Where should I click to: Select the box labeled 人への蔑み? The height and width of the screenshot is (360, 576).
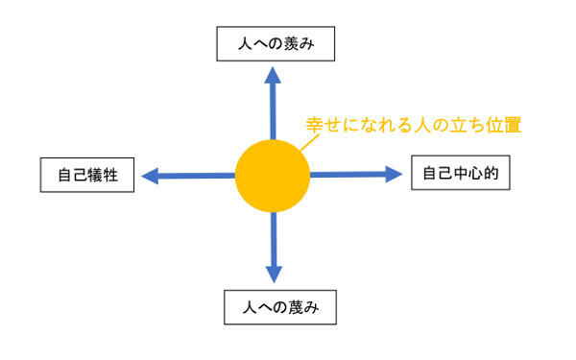tap(275, 309)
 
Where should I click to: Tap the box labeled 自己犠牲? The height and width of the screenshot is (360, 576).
tap(86, 176)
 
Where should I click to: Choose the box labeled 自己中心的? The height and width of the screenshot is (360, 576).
tap(461, 174)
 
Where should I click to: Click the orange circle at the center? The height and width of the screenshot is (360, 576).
tap(273, 176)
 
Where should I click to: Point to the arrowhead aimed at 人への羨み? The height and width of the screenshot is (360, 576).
tap(273, 76)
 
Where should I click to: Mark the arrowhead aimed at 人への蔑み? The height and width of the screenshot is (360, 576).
tap(274, 273)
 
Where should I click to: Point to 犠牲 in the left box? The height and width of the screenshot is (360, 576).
tap(102, 176)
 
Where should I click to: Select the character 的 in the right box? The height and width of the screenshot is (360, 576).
tap(492, 174)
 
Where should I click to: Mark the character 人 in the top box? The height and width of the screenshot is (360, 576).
tap(230, 43)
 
